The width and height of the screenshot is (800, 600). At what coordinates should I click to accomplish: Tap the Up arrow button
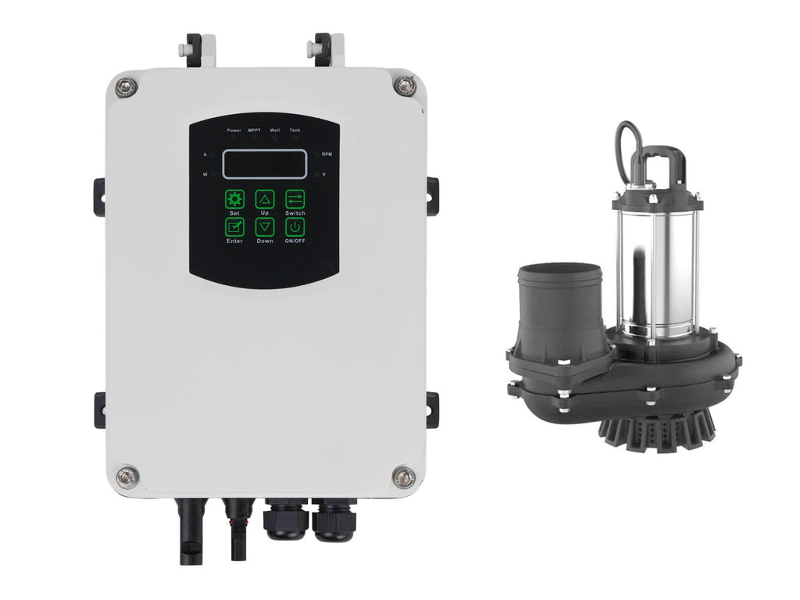(x=265, y=199)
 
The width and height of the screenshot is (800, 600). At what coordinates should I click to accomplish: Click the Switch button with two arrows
(x=295, y=199)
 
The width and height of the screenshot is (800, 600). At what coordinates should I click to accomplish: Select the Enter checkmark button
(x=234, y=227)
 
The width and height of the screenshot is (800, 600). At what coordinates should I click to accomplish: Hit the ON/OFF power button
(x=295, y=227)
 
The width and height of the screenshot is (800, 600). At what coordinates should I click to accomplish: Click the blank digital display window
(x=264, y=164)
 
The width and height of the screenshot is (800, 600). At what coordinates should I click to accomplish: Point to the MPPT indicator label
(x=254, y=130)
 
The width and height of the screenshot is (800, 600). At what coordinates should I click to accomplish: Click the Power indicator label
(x=234, y=130)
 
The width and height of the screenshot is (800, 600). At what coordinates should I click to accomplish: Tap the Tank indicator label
(x=295, y=130)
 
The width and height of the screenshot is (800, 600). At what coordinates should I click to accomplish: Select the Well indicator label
(x=275, y=130)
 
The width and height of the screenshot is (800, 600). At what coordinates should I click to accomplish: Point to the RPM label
(x=327, y=154)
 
